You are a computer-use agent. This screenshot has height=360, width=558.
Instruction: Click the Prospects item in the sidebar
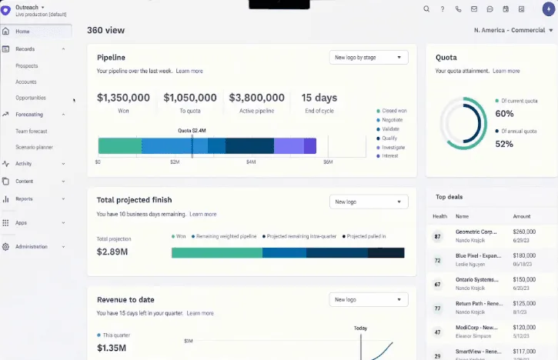coord(27,65)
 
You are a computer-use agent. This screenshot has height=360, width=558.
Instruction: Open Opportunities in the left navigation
coord(31,98)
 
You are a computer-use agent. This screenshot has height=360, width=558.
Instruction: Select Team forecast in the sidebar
coord(32,131)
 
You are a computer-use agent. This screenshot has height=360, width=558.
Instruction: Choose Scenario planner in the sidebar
coord(34,147)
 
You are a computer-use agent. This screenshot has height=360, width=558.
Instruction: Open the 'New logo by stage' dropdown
coord(368,57)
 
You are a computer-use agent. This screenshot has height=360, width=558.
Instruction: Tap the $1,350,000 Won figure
coord(123,98)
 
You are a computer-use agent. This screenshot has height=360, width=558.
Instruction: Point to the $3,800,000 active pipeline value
coord(256,98)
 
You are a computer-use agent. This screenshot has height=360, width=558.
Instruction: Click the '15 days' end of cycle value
coord(319,98)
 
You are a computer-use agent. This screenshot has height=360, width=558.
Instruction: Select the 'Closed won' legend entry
coord(394,111)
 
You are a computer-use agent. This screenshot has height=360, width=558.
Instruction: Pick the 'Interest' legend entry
coord(390,156)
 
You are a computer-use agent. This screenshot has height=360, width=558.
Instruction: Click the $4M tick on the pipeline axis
coord(251,162)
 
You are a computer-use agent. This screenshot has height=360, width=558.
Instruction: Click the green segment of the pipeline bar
coord(119,145)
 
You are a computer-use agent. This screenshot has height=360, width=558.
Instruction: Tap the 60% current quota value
coord(504,113)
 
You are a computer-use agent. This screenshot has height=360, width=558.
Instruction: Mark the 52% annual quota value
coord(504,144)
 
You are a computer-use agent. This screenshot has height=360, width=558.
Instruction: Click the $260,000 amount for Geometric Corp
coord(523,231)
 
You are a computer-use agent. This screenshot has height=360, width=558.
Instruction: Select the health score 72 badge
coord(438,261)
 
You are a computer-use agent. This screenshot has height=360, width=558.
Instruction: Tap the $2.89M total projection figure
coord(112,252)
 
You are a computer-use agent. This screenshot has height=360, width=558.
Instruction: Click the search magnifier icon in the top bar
coord(426,9)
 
